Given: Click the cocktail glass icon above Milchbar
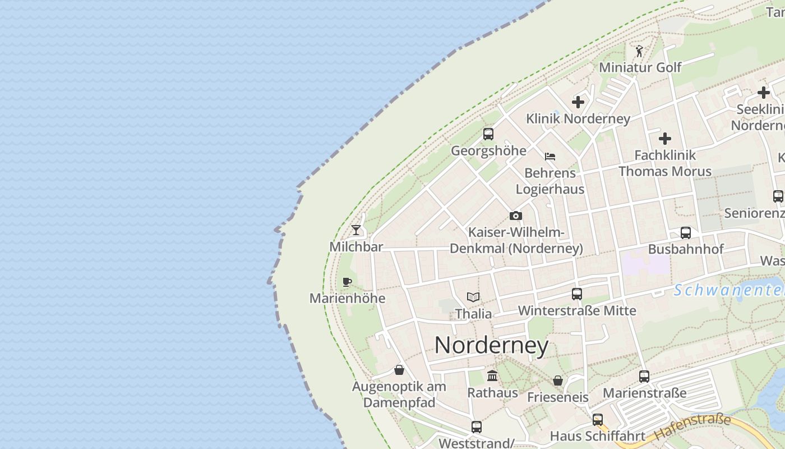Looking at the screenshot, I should click(356, 230).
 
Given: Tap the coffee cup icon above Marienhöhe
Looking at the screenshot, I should click(347, 282).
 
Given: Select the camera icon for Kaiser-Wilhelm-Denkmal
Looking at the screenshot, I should click(516, 216).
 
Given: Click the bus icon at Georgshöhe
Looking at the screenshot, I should click(488, 134).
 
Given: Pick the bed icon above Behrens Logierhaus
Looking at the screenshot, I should click(550, 157).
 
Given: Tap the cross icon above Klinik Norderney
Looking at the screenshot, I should click(578, 102).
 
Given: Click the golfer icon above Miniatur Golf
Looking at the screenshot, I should click(639, 51).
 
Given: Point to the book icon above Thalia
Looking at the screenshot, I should click(473, 297).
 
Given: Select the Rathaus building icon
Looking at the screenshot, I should click(492, 375).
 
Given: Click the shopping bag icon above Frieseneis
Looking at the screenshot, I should click(558, 381).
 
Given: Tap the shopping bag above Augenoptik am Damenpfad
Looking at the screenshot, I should click(399, 370).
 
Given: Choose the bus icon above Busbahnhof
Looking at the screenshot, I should click(686, 232).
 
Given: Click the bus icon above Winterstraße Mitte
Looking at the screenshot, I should click(577, 294).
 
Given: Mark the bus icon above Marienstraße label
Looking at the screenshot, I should click(644, 376).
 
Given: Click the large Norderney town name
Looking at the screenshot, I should click(491, 345).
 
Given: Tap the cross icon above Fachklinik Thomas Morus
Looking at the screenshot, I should click(665, 138).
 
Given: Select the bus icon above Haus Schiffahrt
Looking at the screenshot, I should click(598, 419).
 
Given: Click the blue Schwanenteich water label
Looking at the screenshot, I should click(729, 290).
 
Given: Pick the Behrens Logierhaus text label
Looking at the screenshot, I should click(550, 181).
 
